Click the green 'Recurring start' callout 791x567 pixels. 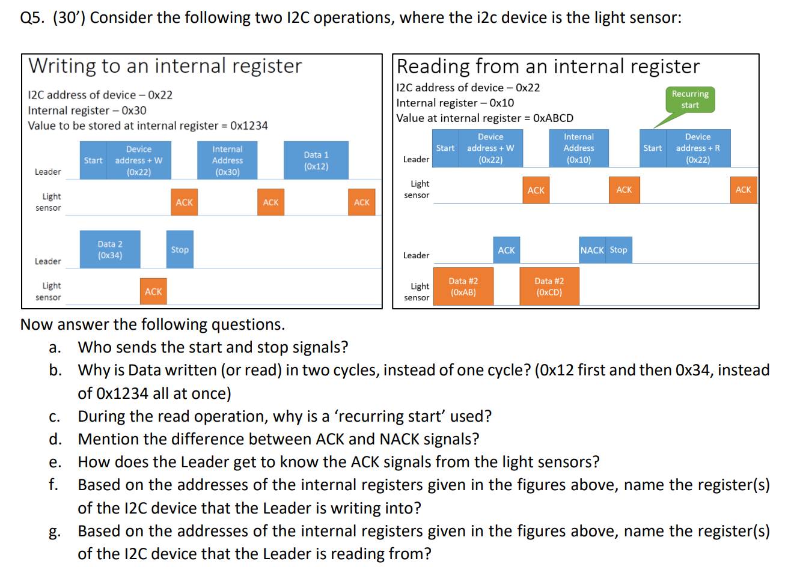click(x=690, y=100)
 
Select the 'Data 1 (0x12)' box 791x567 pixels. click(x=316, y=160)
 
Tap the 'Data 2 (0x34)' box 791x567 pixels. click(x=110, y=249)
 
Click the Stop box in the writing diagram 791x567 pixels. click(x=180, y=249)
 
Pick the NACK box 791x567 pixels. click(x=592, y=250)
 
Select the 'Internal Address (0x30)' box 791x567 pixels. click(x=227, y=160)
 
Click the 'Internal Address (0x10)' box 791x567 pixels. click(x=579, y=148)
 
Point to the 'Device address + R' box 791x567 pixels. click(x=698, y=148)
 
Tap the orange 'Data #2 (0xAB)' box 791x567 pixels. click(x=463, y=287)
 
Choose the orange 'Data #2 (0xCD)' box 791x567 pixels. click(x=549, y=287)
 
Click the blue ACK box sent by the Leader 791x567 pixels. click(x=506, y=250)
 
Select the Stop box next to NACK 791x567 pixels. click(x=618, y=250)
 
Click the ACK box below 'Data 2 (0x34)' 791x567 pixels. click(x=153, y=291)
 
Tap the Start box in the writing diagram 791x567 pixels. click(x=93, y=160)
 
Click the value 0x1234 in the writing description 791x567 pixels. click(x=249, y=126)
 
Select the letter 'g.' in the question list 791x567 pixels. click(x=55, y=532)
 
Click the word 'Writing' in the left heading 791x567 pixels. click(x=61, y=65)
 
